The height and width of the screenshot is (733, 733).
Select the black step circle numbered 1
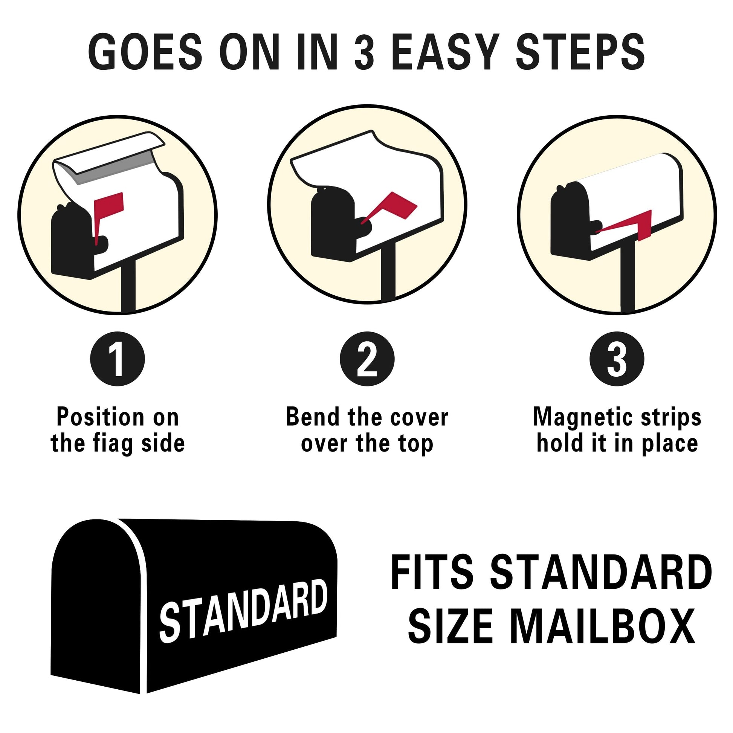point(118,359)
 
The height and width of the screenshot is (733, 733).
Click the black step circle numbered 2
point(367,359)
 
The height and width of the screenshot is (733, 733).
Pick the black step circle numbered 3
point(617,359)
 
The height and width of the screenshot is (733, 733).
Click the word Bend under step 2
point(313,417)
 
